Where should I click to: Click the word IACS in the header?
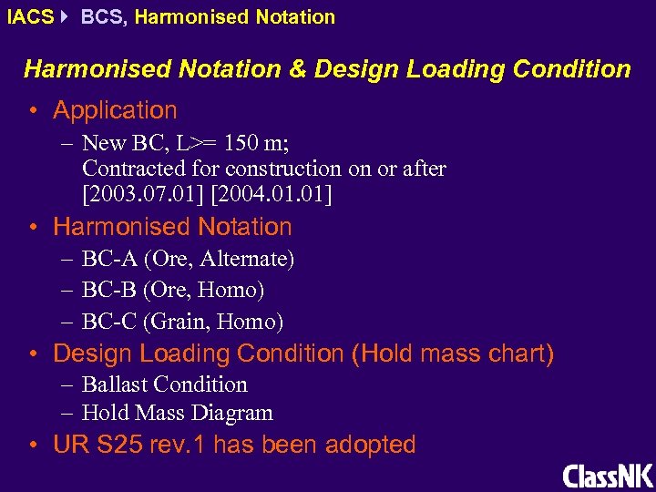[29, 16]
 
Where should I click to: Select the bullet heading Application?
[115, 110]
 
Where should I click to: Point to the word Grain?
[181, 322]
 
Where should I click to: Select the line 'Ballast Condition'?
[165, 384]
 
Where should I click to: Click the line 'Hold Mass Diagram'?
[178, 413]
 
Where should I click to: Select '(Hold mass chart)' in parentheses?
[452, 354]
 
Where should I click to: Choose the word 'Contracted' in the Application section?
[137, 169]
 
